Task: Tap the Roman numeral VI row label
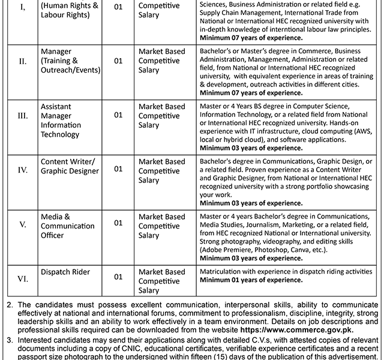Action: click(22, 277)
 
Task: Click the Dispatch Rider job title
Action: click(65, 272)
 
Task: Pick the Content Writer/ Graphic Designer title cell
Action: click(69, 166)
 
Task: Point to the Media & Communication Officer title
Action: click(67, 226)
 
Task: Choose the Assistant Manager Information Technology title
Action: click(61, 120)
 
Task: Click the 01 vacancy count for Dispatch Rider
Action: click(118, 277)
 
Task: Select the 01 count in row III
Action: click(118, 115)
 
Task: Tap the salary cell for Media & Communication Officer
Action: click(161, 226)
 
